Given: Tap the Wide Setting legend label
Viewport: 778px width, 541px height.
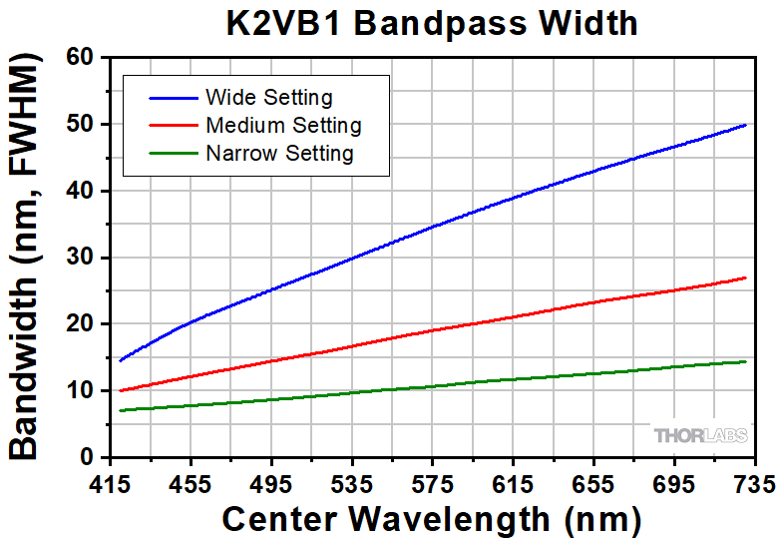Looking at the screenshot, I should point(268,98).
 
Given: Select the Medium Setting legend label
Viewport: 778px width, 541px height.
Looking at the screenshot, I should point(283,126).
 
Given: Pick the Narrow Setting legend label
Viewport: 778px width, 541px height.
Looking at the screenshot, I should point(279,154).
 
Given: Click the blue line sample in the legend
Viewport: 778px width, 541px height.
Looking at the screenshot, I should point(172,98).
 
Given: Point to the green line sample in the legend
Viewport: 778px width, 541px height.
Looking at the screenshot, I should point(172,154).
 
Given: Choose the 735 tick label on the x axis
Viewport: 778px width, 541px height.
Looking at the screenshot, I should point(753,484).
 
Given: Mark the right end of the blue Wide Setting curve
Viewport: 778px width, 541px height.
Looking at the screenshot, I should point(746,125).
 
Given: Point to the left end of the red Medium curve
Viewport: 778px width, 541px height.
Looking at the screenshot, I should point(120,390).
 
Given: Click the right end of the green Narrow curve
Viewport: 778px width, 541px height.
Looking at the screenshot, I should point(746,361).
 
